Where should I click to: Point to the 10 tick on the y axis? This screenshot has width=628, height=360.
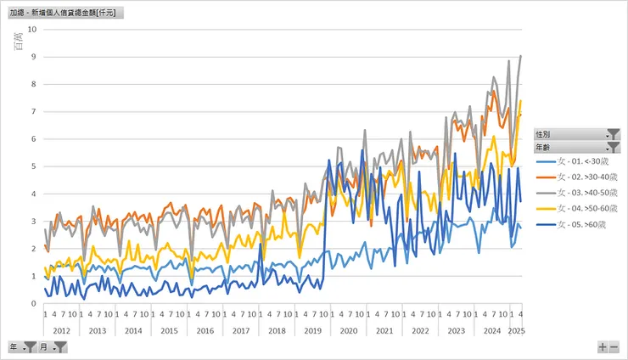point(32,29)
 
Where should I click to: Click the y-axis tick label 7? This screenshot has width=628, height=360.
point(33,111)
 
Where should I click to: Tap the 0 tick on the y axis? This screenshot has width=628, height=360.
point(33,303)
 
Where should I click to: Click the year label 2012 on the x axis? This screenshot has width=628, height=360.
point(61,330)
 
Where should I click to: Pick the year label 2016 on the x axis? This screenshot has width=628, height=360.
point(205,330)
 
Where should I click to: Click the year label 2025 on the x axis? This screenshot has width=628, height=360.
point(515,330)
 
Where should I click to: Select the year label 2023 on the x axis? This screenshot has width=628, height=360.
point(456,330)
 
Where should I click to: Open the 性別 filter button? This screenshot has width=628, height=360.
point(614,134)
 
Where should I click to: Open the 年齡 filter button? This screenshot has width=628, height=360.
point(614,147)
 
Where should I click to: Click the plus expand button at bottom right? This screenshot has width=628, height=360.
point(603,347)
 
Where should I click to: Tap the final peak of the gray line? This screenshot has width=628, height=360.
point(520,56)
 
